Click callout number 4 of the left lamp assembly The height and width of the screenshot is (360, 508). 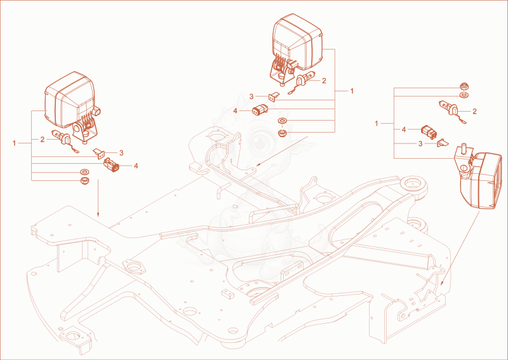(136, 166)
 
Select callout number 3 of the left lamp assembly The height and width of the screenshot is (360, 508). (121, 152)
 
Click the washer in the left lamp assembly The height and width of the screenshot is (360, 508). (85, 171)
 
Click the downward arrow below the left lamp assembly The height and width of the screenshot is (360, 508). (98, 198)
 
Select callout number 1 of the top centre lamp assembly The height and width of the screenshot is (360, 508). (352, 91)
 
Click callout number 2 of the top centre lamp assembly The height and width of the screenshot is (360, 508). (324, 81)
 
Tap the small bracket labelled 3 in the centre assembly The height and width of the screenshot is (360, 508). (273, 97)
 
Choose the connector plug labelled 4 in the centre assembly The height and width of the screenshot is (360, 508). (260, 110)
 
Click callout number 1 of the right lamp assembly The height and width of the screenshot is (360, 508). (377, 123)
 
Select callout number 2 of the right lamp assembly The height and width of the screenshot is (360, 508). (474, 112)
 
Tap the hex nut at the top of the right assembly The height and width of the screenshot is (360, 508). (465, 87)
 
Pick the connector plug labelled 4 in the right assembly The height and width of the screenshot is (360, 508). (429, 133)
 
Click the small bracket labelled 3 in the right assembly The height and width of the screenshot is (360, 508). (443, 143)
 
